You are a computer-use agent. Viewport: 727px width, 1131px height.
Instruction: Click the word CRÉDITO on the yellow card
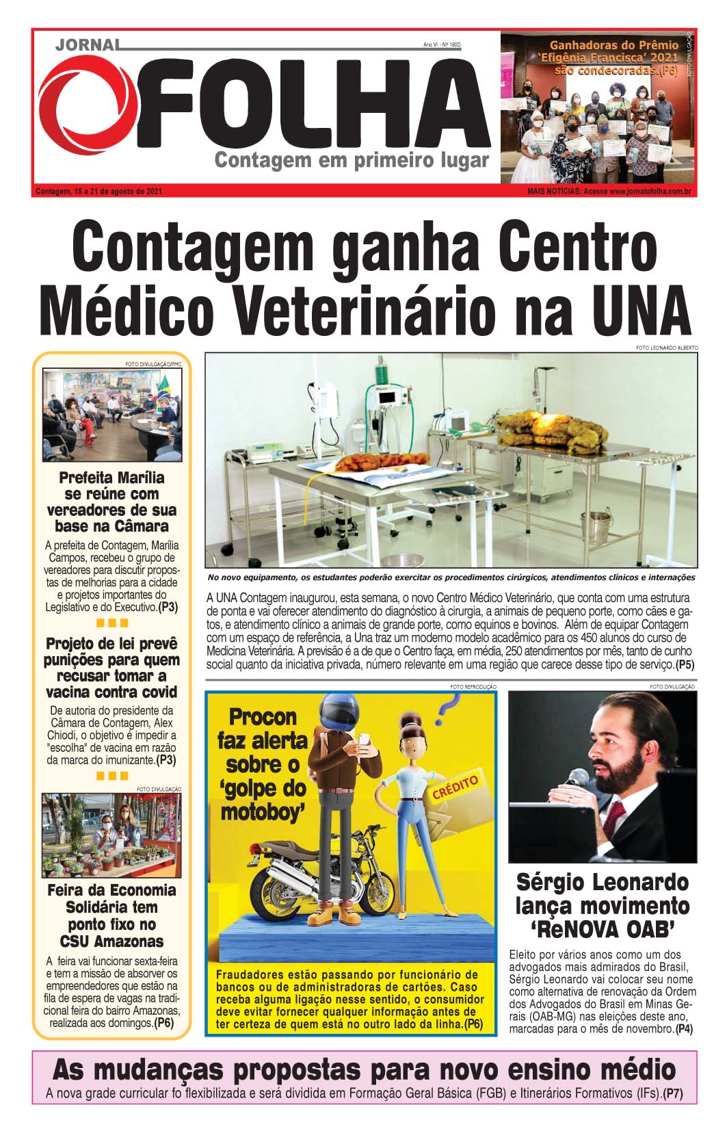coord(455,787)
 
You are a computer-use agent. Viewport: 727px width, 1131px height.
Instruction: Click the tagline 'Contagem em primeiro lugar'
coord(352,161)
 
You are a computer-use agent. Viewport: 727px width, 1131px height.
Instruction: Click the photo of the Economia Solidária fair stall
coord(111,835)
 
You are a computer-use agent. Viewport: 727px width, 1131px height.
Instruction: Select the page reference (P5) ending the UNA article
coord(684,664)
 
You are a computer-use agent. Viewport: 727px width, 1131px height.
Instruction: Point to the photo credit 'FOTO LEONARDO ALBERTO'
coord(667,348)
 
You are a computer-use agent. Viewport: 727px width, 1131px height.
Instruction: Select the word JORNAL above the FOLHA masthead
coord(86,46)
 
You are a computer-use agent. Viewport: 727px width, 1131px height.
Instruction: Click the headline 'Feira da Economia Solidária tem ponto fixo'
coord(111,915)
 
